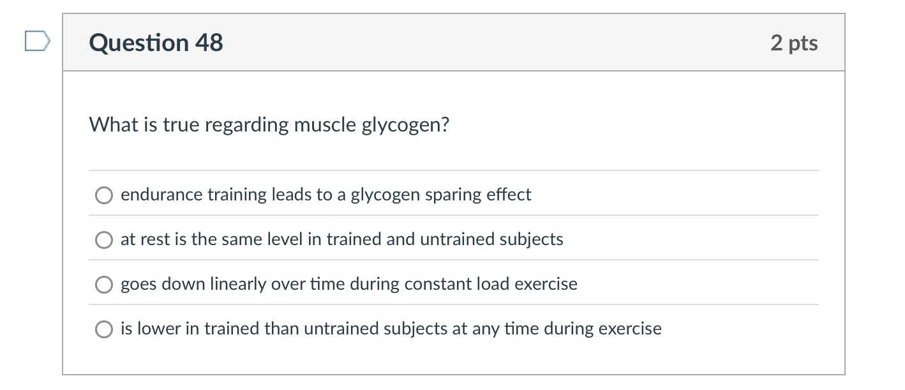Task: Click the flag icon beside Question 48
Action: pos(36,42)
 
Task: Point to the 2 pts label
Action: pos(793,43)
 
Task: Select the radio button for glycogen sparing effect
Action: pos(104,195)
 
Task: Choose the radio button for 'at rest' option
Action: pos(104,240)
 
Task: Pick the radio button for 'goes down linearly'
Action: pos(104,285)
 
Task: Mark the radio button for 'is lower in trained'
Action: pos(104,329)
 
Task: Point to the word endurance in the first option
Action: pos(161,195)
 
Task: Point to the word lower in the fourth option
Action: pos(159,329)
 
